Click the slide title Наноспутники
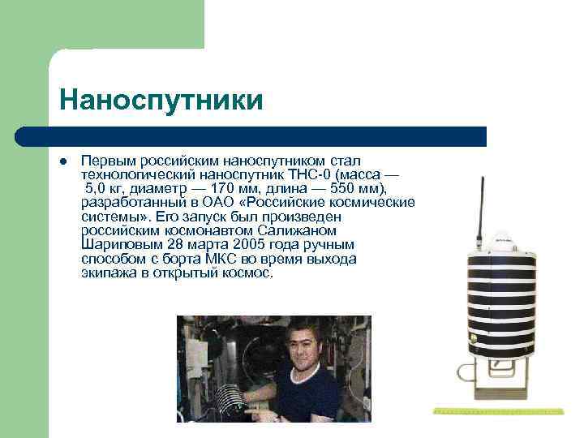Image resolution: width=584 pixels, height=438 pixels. point(161,101)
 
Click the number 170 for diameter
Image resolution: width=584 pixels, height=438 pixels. point(223,188)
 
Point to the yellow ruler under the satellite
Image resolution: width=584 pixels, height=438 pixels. point(498,411)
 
